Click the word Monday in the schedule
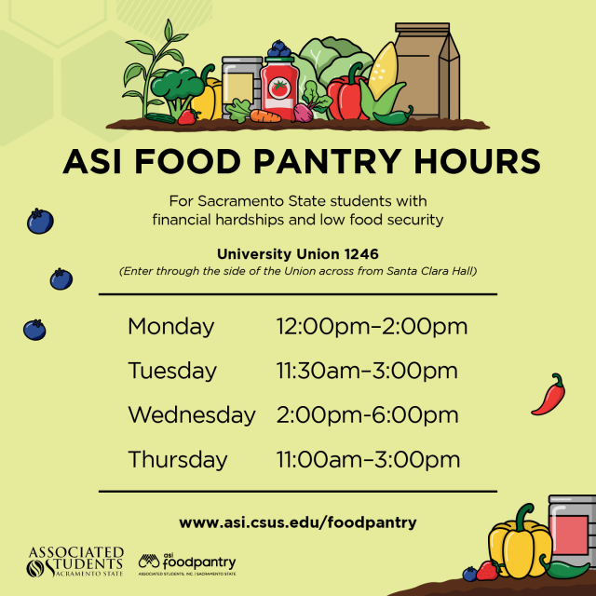(171, 327)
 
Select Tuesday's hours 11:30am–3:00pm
(367, 371)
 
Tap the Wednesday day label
(192, 414)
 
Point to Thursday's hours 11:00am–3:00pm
(368, 459)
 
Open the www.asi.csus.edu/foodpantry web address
(298, 522)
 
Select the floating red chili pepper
(549, 395)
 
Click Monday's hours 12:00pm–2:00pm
(372, 327)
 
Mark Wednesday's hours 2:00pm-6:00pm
(367, 414)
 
